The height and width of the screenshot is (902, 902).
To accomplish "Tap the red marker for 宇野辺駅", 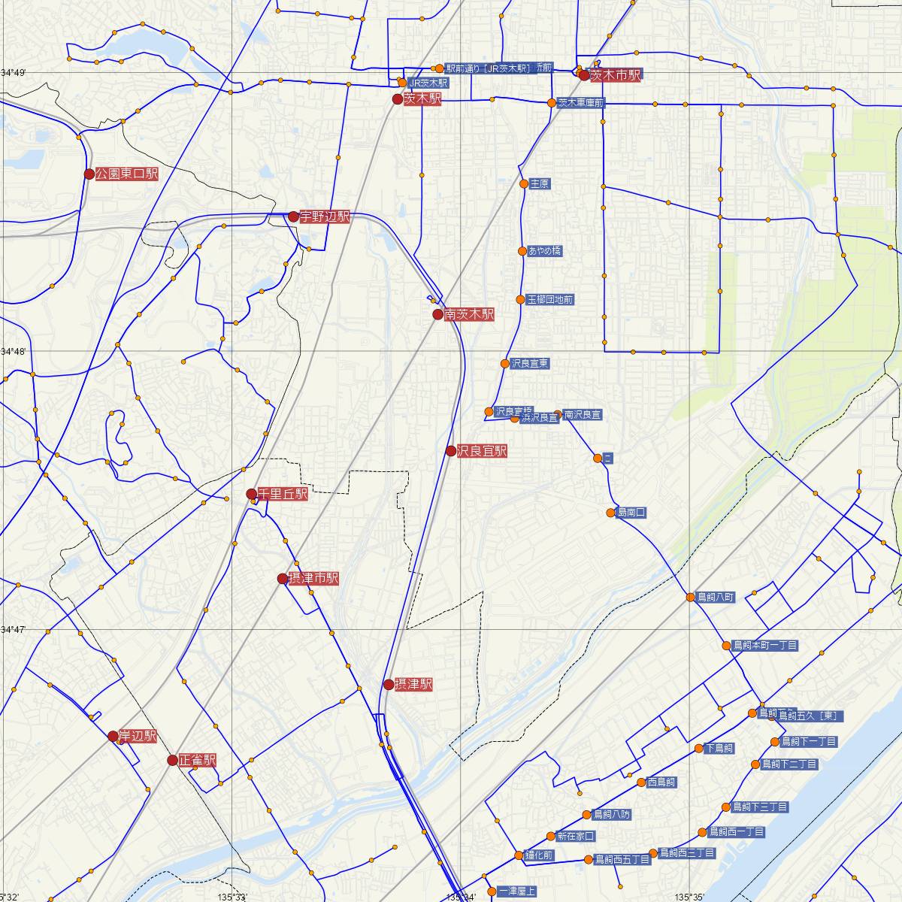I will [294, 216].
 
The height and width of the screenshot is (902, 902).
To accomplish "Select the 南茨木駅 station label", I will [469, 314].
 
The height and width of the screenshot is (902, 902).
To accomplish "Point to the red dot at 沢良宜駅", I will [451, 451].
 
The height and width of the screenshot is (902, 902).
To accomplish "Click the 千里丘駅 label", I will [283, 494].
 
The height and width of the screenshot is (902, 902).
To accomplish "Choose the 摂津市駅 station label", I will [314, 578].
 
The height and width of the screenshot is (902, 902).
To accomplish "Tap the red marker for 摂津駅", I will [389, 684].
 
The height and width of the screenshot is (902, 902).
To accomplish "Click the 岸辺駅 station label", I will [138, 736].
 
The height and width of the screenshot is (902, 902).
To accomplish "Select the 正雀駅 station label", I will [198, 760].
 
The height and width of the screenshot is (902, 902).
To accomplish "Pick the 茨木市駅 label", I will [616, 74].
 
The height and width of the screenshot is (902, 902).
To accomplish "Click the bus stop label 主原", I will [540, 183].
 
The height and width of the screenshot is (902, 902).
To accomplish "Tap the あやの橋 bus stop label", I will [545, 250].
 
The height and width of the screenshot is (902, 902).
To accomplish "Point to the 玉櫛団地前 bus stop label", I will [550, 299].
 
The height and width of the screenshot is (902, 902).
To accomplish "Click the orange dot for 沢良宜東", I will [505, 364].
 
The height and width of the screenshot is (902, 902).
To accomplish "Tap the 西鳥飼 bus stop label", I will [661, 782].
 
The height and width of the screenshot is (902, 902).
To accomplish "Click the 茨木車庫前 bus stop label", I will [581, 103].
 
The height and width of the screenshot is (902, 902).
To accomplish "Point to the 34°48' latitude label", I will [13, 352].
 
